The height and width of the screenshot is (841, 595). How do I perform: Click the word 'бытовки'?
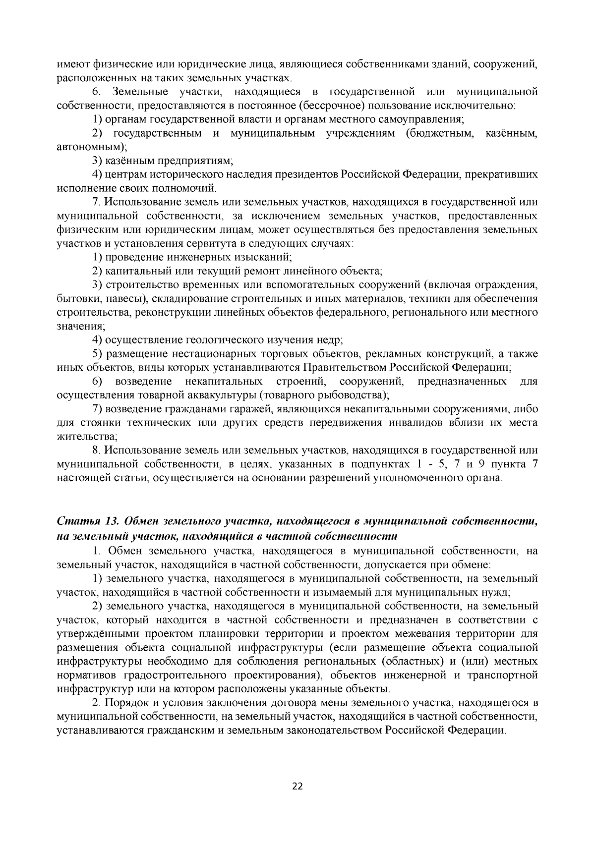point(72,299)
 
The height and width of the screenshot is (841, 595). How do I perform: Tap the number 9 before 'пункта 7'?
point(481,464)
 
